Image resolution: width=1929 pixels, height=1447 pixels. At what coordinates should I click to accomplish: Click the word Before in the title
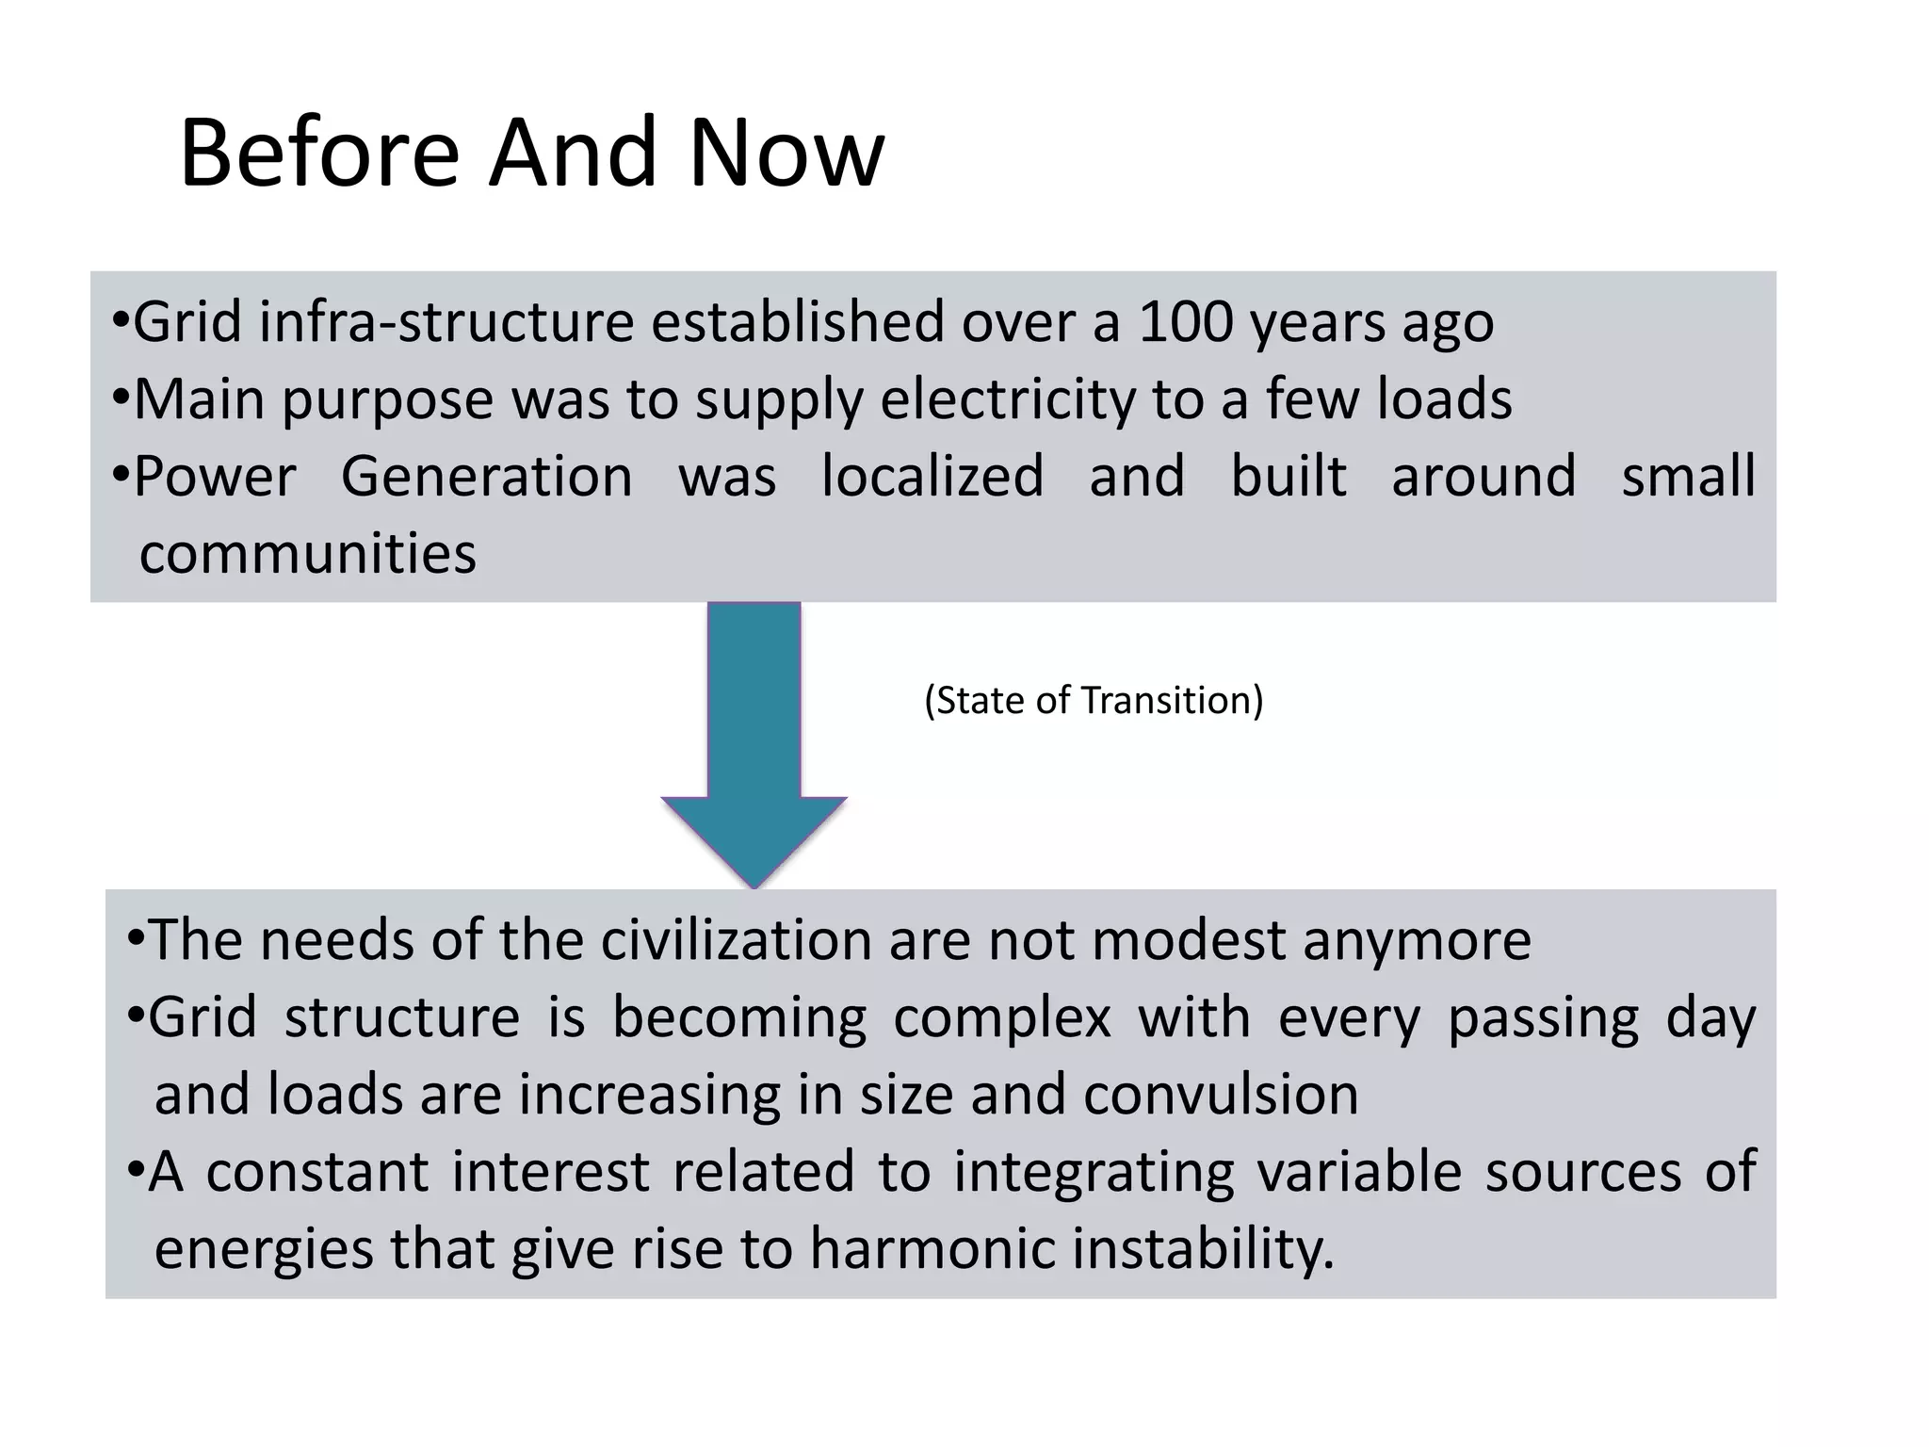click(x=318, y=153)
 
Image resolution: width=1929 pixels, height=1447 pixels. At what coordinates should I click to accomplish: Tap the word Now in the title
click(x=786, y=153)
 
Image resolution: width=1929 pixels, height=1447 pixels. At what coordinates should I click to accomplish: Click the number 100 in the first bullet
click(x=1186, y=322)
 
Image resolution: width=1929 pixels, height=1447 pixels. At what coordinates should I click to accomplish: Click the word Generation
click(x=486, y=476)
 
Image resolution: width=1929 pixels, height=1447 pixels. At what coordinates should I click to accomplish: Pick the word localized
click(x=932, y=476)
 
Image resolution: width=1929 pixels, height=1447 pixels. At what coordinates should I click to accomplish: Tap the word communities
click(x=308, y=553)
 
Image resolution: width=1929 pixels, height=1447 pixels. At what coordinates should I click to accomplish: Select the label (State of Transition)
click(x=1094, y=701)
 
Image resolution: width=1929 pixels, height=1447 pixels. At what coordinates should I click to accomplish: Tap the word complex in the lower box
click(x=1001, y=1017)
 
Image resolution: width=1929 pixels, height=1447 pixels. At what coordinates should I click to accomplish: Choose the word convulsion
click(x=1221, y=1095)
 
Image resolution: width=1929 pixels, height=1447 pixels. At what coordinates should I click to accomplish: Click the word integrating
click(x=1093, y=1172)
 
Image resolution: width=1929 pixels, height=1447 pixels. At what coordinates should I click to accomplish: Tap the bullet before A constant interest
click(x=135, y=1171)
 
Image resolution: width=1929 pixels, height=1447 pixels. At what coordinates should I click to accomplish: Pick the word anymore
click(x=1417, y=940)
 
